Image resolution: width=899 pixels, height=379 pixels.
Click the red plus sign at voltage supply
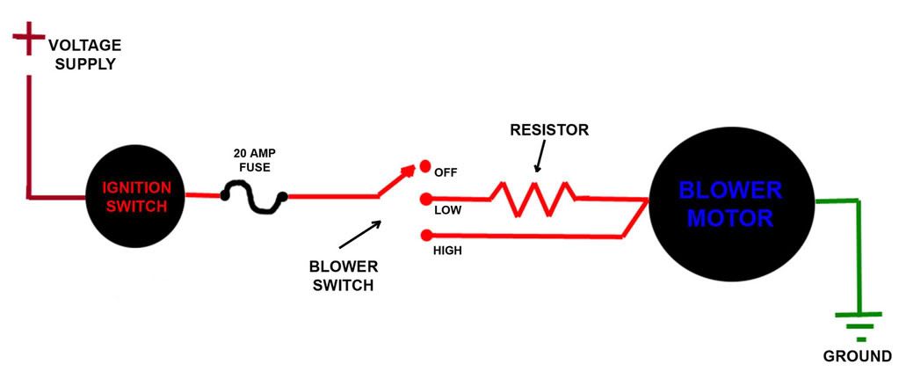(x=28, y=40)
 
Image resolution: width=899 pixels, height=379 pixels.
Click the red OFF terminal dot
(x=424, y=166)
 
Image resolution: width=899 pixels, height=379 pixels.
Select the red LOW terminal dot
(x=425, y=198)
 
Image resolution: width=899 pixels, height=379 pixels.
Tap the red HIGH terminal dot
(x=425, y=236)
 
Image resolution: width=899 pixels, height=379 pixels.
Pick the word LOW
(x=448, y=211)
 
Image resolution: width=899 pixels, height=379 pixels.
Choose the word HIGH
(x=449, y=251)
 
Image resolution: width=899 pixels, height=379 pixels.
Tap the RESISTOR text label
(x=549, y=130)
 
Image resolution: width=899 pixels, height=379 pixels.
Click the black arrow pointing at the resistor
(x=539, y=158)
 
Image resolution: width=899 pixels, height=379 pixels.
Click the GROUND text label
(x=857, y=356)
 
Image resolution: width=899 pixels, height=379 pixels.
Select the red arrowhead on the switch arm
(x=406, y=172)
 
